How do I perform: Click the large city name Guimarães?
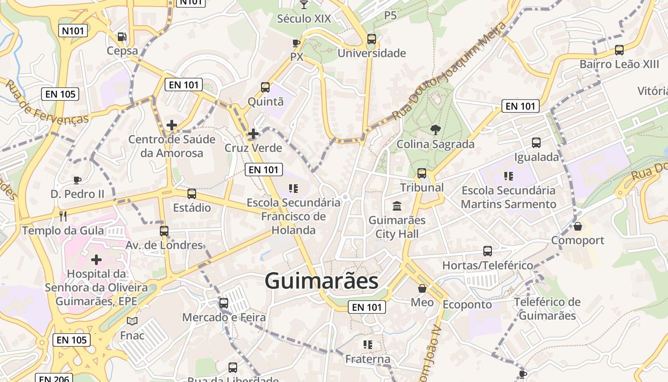pos(322,281)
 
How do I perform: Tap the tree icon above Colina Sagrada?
pos(435,129)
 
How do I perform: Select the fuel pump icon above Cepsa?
pos(122,37)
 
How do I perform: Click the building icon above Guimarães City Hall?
pos(397,206)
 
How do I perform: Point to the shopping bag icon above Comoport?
pos(578,226)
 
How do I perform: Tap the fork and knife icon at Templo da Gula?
pos(63,216)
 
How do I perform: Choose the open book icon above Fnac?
pos(132,321)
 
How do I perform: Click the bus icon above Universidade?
pos(372,39)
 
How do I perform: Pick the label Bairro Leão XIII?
pos(619,64)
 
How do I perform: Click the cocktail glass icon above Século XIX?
pos(303,5)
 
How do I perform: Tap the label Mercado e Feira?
pos(224,317)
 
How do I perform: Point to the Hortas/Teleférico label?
pos(488,265)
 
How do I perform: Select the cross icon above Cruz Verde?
pos(253,134)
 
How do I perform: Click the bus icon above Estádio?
pos(192,193)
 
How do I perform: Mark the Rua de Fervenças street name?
pos(47,102)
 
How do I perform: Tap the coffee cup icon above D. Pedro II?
pos(77,180)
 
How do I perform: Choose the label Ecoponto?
pos(467,304)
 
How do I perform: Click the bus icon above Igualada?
pos(536,142)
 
